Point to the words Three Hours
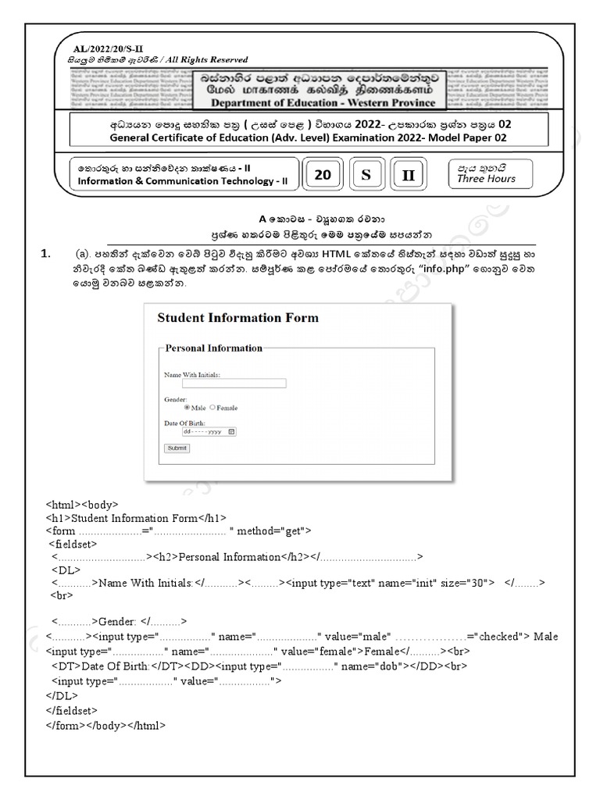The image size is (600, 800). click(x=486, y=179)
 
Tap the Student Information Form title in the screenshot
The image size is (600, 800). click(x=237, y=318)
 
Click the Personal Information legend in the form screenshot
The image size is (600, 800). click(x=214, y=348)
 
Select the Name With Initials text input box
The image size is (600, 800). click(x=234, y=384)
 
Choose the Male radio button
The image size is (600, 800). click(x=187, y=408)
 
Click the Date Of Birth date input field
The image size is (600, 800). click(x=209, y=431)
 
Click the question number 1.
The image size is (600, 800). click(x=46, y=254)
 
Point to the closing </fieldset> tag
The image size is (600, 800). click(x=72, y=710)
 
